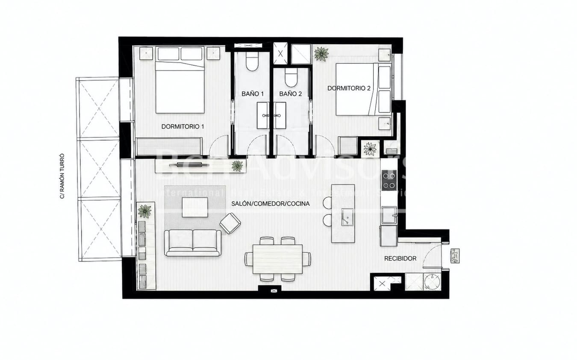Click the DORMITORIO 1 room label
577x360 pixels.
[x=183, y=126]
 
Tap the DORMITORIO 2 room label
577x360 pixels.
[x=349, y=88]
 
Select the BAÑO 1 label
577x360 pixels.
[x=253, y=94]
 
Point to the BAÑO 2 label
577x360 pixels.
[x=291, y=94]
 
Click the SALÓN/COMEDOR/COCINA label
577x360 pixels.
[x=270, y=204]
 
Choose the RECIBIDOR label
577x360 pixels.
[x=400, y=258]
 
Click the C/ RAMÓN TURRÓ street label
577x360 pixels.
[x=62, y=176]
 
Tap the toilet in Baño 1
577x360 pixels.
[x=252, y=63]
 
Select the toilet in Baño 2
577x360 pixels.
[x=291, y=79]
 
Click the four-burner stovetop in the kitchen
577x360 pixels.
[x=389, y=180]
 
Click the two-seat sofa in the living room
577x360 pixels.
[x=193, y=243]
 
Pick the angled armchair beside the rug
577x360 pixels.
[x=230, y=223]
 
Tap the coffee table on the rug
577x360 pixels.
[x=195, y=207]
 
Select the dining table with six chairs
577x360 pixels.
[x=277, y=259]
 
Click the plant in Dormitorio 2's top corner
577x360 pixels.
[x=321, y=54]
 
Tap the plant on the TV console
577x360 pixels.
[x=237, y=166]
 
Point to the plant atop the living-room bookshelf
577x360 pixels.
[x=145, y=211]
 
